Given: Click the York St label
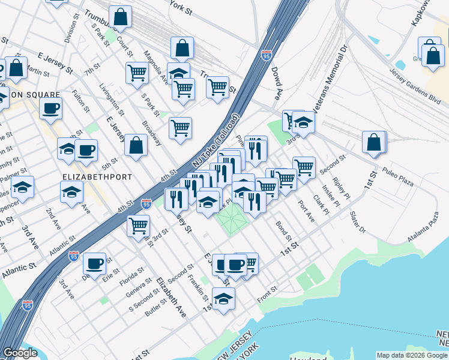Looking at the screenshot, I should (x=180, y=8).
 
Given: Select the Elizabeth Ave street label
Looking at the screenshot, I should (x=171, y=296).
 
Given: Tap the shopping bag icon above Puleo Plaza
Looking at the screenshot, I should (x=374, y=142).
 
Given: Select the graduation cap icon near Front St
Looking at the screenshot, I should (x=224, y=298).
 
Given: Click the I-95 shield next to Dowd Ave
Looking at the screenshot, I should (x=267, y=56).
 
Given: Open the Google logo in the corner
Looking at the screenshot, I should (x=20, y=353).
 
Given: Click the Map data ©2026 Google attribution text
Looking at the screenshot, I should (x=412, y=355).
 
